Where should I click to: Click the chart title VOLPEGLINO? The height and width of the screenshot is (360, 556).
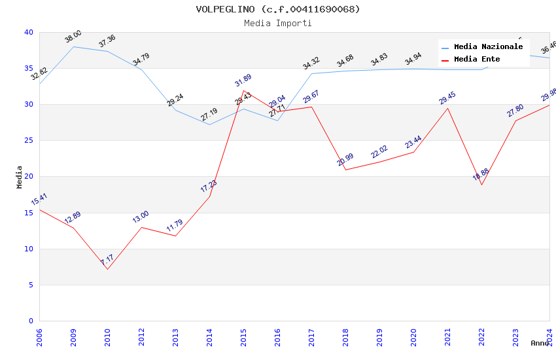pyautogui.click(x=278, y=9)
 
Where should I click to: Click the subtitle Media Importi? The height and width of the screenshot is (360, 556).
pyautogui.click(x=278, y=23)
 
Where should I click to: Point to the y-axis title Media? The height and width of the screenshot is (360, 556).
pyautogui.click(x=20, y=177)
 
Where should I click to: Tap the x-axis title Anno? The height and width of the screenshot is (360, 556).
pyautogui.click(x=540, y=343)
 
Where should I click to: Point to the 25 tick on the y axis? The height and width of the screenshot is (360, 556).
pyautogui.click(x=28, y=141)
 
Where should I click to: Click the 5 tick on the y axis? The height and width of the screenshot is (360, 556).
pyautogui.click(x=31, y=285)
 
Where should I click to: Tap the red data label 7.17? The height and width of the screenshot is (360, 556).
pyautogui.click(x=107, y=261)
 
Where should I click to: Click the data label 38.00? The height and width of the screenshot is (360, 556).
pyautogui.click(x=73, y=37)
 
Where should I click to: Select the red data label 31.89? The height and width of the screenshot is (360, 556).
pyautogui.click(x=243, y=81)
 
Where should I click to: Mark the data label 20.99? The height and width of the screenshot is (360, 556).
pyautogui.click(x=345, y=159)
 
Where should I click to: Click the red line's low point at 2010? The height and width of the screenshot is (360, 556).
pyautogui.click(x=107, y=269)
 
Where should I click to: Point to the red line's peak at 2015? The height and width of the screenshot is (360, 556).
pyautogui.click(x=243, y=91)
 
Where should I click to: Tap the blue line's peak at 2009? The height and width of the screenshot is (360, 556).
pyautogui.click(x=73, y=46)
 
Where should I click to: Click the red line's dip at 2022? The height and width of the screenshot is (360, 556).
pyautogui.click(x=481, y=185)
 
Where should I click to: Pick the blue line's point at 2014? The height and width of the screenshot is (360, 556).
pyautogui.click(x=209, y=124)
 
